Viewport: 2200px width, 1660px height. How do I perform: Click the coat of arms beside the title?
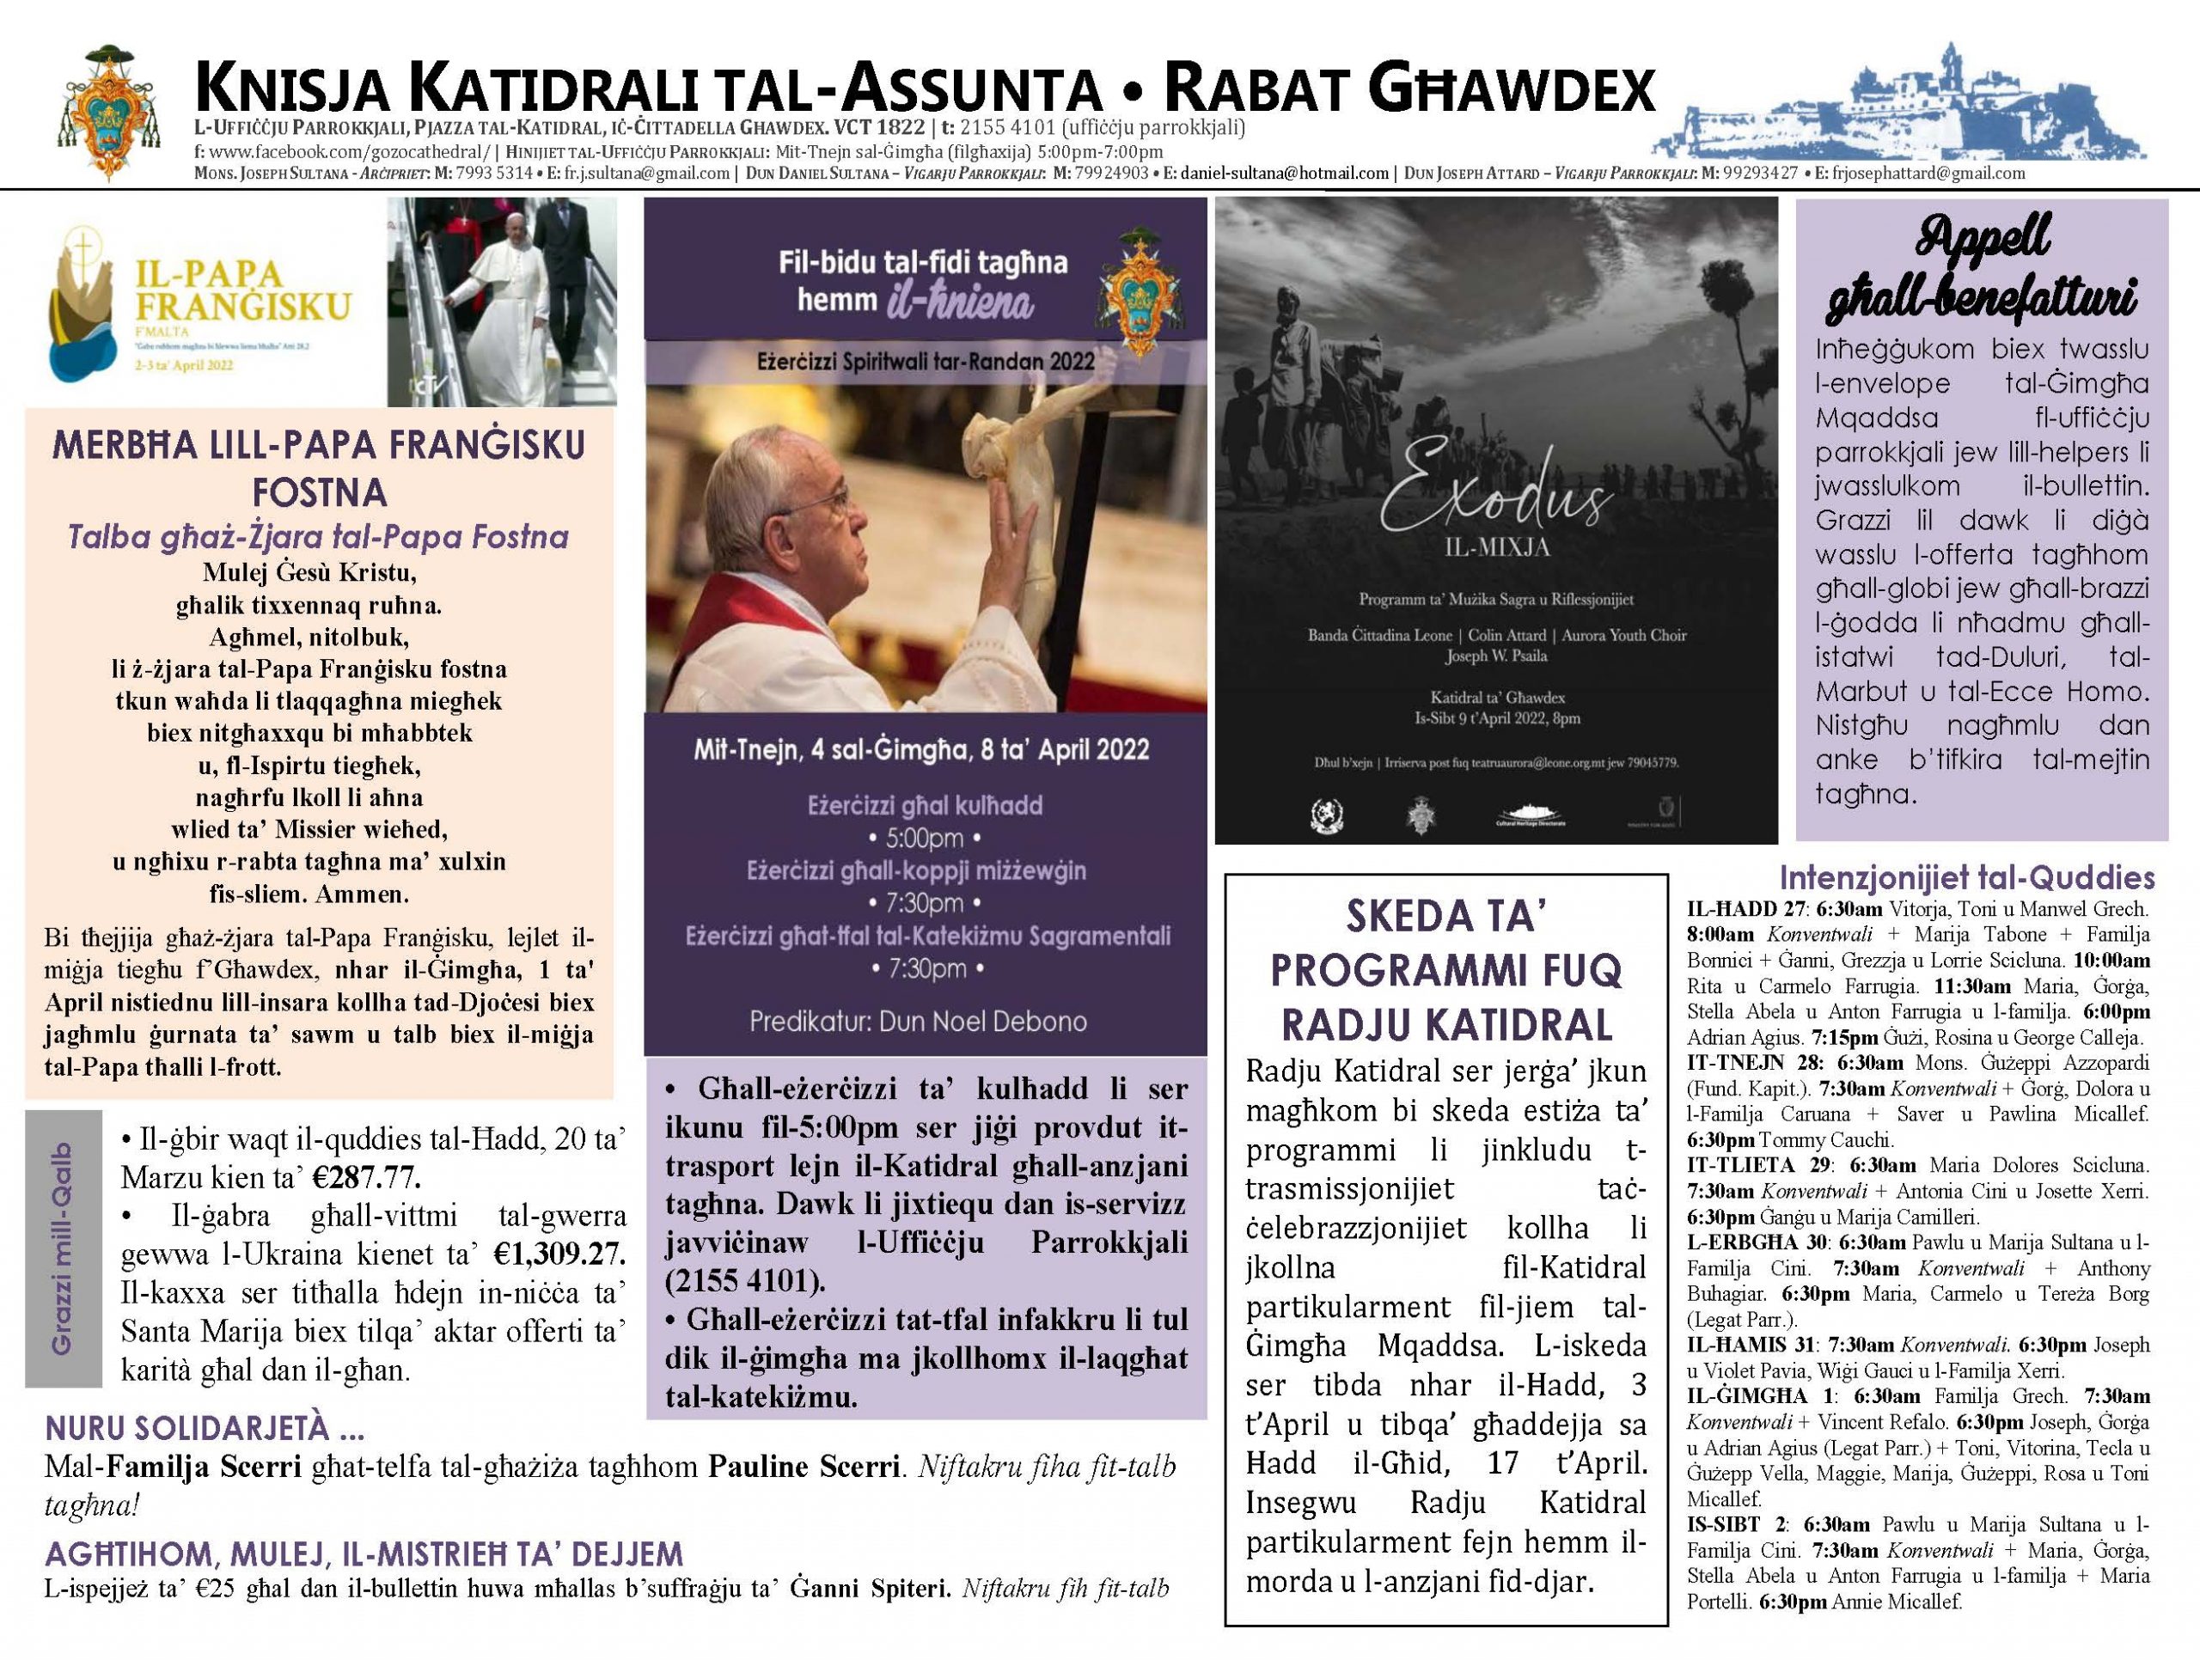(x=112, y=112)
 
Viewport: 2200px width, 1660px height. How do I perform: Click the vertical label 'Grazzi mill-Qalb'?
(x=64, y=1248)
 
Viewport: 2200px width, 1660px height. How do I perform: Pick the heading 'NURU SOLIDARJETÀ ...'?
(x=204, y=1429)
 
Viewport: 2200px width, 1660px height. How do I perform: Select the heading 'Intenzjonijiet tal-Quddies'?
(x=1966, y=878)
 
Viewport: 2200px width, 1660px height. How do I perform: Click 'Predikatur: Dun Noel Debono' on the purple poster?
(x=918, y=1022)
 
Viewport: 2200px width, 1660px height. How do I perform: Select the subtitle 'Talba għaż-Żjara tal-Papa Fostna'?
(x=318, y=537)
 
